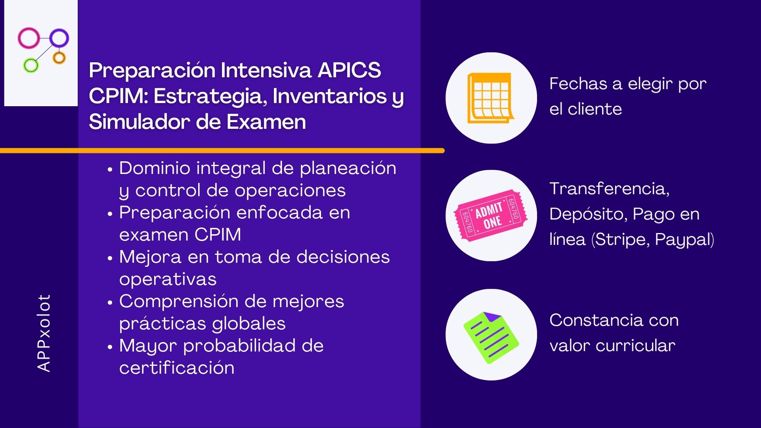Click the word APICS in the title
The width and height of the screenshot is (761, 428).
pos(349,70)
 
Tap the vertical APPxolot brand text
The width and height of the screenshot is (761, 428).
pos(44,333)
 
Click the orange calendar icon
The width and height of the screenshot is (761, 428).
pos(491,98)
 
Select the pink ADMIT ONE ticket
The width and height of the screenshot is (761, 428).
pos(491,215)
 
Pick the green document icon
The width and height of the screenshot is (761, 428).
pos(491,337)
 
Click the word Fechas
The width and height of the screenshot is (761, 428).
pos(578,84)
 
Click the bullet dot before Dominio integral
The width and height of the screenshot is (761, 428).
pos(110,170)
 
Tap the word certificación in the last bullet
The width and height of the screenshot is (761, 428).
pos(177,368)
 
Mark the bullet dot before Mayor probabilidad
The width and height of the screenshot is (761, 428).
pos(110,347)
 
